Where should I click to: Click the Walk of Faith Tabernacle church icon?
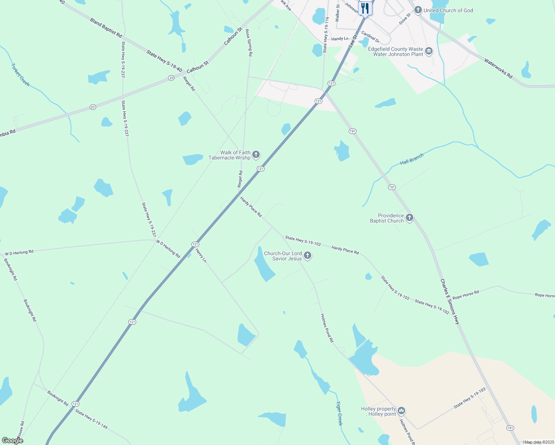pyautogui.click(x=256, y=155)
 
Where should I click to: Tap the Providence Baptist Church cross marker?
pyautogui.click(x=409, y=218)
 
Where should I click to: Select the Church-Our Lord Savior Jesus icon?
pyautogui.click(x=307, y=256)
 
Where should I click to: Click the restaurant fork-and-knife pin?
pyautogui.click(x=365, y=8)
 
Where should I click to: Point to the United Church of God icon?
pyautogui.click(x=418, y=10)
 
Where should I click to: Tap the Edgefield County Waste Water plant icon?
pyautogui.click(x=429, y=51)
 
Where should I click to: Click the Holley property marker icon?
pyautogui.click(x=401, y=411)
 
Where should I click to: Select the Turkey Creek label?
pyautogui.click(x=20, y=75)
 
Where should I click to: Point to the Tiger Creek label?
pyautogui.click(x=339, y=413)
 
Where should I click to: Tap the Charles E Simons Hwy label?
pyautogui.click(x=450, y=301)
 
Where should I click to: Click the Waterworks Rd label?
pyautogui.click(x=498, y=68)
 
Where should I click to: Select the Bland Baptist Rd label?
pyautogui.click(x=106, y=27)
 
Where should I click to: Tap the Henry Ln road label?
pyautogui.click(x=201, y=256)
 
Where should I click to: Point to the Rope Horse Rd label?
pyautogui.click(x=466, y=294)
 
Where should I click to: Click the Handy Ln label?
pyautogui.click(x=340, y=39)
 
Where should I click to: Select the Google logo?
pyautogui.click(x=12, y=440)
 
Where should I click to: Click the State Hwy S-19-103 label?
pyautogui.click(x=469, y=398)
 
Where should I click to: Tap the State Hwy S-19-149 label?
pyautogui.click(x=91, y=419)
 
